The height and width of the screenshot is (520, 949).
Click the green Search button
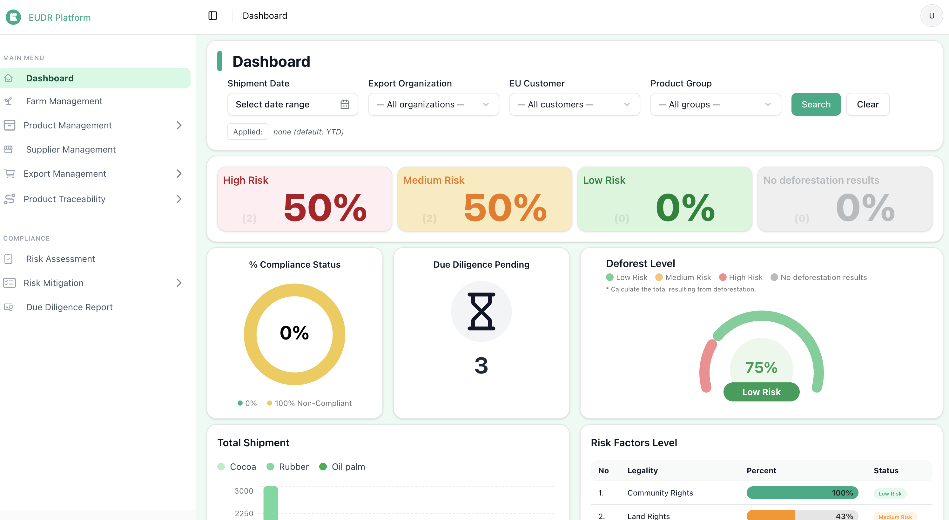(x=816, y=104)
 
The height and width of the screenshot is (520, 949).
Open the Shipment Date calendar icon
(x=345, y=104)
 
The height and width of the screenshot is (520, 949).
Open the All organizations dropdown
(x=433, y=104)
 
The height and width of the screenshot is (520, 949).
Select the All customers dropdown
(x=574, y=104)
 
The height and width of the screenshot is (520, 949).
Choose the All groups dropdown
(x=715, y=104)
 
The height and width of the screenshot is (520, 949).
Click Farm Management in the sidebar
(x=64, y=101)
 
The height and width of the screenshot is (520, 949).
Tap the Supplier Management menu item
(x=71, y=149)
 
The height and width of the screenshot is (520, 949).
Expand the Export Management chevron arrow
(x=179, y=173)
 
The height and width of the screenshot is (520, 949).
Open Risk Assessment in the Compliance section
(x=60, y=259)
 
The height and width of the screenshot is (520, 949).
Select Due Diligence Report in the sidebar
(x=69, y=307)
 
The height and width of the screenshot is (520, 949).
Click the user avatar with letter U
(x=931, y=16)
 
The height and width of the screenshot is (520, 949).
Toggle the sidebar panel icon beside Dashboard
(x=212, y=16)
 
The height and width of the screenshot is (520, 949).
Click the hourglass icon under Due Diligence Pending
(x=481, y=311)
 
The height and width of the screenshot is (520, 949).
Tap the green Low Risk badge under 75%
(x=761, y=392)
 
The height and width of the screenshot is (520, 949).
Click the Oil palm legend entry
(x=342, y=467)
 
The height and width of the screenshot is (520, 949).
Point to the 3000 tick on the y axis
(x=244, y=491)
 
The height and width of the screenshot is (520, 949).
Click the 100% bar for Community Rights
(x=802, y=493)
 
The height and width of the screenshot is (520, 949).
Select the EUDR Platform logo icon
(x=14, y=17)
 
